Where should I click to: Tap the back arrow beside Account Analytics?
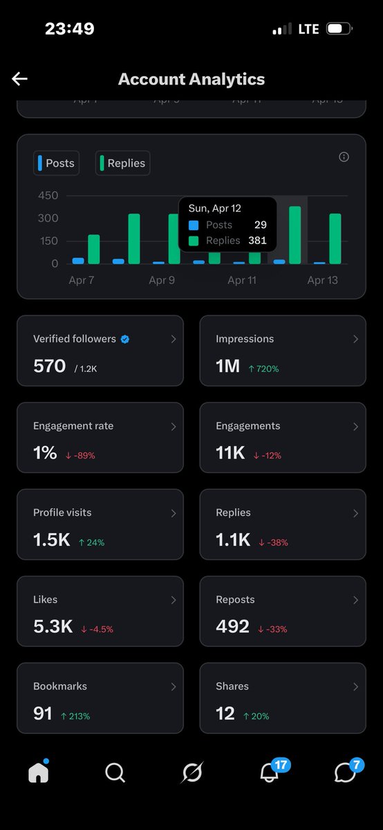click(x=19, y=79)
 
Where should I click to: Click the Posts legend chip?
click(x=56, y=163)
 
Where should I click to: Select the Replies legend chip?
click(x=122, y=163)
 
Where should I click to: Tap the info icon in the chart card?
click(x=344, y=157)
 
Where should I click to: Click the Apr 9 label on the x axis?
click(x=161, y=280)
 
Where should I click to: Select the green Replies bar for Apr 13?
click(x=335, y=239)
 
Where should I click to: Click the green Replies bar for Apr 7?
click(x=94, y=249)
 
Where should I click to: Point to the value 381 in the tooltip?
click(x=257, y=241)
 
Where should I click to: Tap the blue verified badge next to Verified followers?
click(x=125, y=339)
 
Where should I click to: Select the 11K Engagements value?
click(x=230, y=453)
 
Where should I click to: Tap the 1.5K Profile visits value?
click(x=52, y=540)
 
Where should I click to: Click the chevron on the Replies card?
click(x=355, y=513)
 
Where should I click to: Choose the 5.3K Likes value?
click(x=53, y=627)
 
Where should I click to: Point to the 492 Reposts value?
click(x=232, y=627)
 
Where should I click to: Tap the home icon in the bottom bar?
click(x=39, y=773)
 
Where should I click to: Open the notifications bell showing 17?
click(x=270, y=773)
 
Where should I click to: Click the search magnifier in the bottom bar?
click(x=115, y=773)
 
